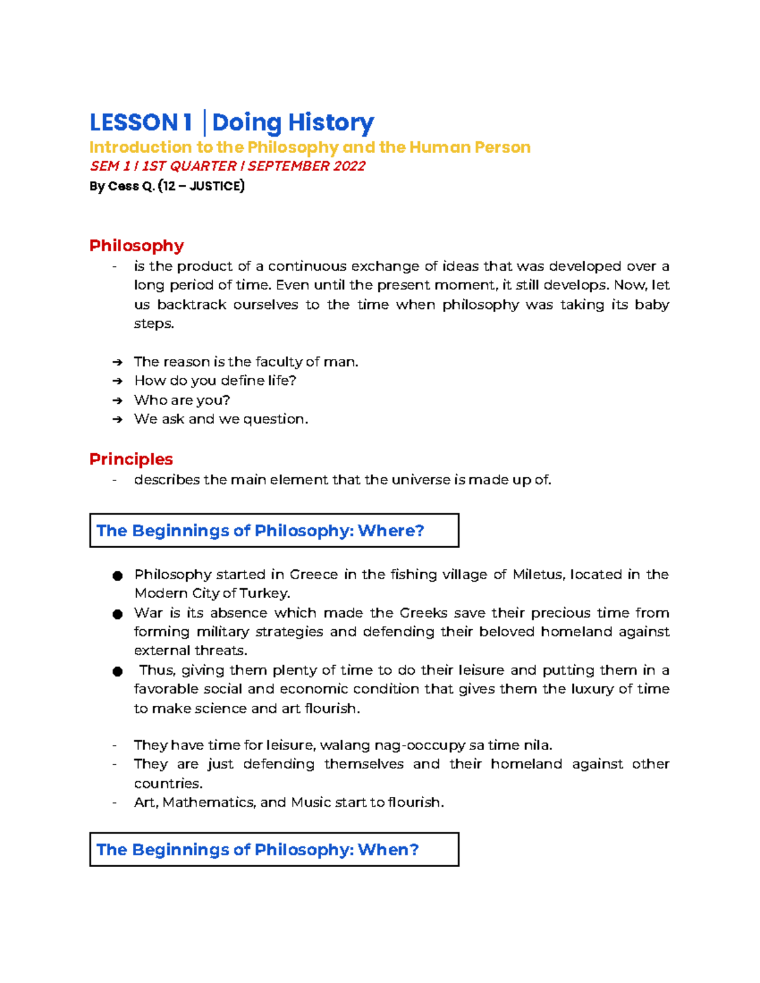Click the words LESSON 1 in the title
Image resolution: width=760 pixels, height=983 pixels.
[x=141, y=122]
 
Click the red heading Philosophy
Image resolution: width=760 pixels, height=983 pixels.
[x=136, y=246]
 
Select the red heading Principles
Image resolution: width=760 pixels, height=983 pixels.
[x=131, y=459]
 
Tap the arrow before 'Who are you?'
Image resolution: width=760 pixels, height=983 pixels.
[x=117, y=401]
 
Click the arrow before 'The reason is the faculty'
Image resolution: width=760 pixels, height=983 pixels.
[x=117, y=362]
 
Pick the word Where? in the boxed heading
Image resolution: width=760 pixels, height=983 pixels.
[x=391, y=530]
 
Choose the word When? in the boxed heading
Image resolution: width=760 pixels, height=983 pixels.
[x=388, y=849]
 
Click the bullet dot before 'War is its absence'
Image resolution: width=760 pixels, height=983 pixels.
[x=117, y=614]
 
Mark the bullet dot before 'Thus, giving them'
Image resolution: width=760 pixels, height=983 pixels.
[x=117, y=671]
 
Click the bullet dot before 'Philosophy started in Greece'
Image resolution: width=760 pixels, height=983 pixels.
[x=117, y=575]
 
